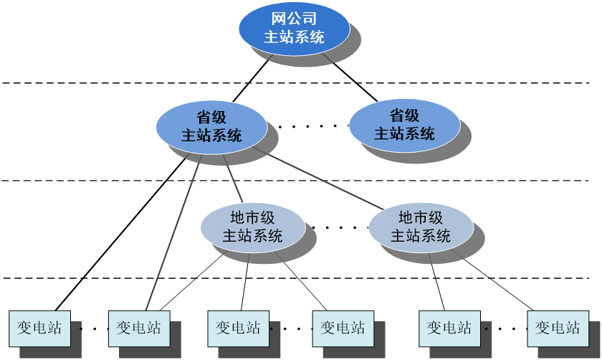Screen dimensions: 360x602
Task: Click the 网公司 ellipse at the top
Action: (x=294, y=29)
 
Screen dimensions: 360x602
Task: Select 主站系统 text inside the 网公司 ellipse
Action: (x=294, y=37)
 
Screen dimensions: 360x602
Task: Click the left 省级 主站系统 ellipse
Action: (x=211, y=126)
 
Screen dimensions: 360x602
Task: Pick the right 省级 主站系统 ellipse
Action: (x=404, y=125)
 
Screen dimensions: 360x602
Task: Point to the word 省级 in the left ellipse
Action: (x=211, y=117)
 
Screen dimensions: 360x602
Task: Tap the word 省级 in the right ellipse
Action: (x=404, y=115)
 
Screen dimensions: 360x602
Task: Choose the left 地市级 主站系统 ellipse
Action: (x=252, y=227)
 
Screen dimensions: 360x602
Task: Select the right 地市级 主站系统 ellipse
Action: (x=421, y=227)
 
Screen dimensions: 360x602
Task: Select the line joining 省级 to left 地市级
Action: (x=235, y=184)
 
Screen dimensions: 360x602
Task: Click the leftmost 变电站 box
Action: (x=39, y=328)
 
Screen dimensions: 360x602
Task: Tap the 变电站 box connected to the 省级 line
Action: (x=139, y=328)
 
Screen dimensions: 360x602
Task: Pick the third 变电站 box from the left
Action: (x=238, y=328)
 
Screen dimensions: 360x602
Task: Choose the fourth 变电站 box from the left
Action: (x=343, y=328)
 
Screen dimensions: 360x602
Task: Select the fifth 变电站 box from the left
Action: (x=449, y=328)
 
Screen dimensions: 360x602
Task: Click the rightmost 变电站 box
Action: (x=558, y=328)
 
